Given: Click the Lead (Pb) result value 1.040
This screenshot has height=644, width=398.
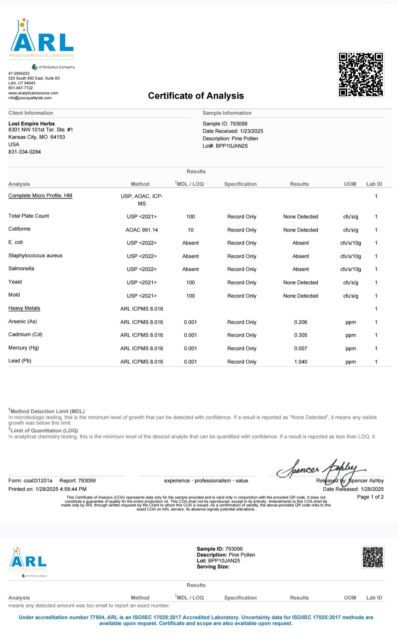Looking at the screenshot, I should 301,361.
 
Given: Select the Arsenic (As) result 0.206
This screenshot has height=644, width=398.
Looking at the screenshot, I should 301,322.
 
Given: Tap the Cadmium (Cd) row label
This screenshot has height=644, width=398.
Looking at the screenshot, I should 25,334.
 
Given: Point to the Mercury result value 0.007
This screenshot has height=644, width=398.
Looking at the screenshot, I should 301,348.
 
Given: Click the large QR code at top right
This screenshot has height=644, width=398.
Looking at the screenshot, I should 361,74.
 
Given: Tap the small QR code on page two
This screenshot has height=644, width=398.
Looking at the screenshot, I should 372,557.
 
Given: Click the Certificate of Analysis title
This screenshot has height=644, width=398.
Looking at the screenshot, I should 196,96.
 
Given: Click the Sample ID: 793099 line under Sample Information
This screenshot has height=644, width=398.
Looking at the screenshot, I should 225,124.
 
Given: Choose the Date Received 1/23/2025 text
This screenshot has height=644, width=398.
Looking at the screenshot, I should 233,131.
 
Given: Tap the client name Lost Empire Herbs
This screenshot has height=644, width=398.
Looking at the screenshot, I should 31,124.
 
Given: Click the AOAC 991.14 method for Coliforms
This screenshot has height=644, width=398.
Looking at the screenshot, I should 142,230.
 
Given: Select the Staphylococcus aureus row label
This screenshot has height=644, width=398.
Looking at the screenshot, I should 35,256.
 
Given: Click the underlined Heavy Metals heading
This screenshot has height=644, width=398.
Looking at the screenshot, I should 24,308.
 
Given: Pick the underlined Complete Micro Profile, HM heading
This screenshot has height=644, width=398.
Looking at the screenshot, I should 40,196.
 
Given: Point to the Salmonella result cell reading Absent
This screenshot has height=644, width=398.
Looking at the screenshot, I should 301,269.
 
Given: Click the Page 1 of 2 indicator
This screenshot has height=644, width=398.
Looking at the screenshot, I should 370,497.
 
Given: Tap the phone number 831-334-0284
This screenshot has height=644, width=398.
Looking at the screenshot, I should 24,152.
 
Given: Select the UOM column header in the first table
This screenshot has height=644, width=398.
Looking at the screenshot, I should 350,184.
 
